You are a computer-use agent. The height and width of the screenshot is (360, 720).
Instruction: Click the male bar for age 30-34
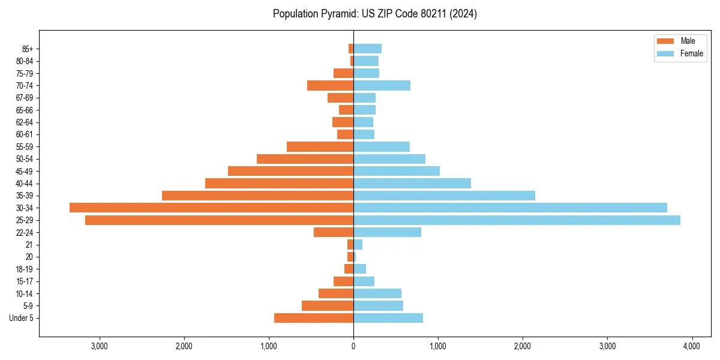pos(211,208)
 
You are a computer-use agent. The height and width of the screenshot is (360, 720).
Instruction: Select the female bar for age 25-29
pos(517,220)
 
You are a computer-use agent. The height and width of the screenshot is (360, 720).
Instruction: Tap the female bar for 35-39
pos(444,196)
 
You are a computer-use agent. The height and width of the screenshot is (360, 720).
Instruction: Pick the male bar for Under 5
pos(314,318)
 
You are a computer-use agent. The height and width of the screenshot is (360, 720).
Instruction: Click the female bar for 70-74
pos(382,86)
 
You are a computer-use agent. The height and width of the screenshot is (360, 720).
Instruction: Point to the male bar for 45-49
pos(290,171)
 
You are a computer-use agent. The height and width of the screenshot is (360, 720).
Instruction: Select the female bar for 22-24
pos(387,232)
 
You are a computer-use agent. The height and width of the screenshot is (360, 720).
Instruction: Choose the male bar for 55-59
pos(320,147)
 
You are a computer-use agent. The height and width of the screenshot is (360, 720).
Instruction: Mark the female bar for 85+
pos(367,49)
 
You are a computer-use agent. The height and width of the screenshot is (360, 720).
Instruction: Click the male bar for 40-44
pos(279,184)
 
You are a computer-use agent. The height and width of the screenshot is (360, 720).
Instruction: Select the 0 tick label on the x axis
pos(353,346)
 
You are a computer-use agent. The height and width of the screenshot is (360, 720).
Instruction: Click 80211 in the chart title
pos(433,14)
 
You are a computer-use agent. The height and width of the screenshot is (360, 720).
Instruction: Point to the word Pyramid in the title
pos(336,14)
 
